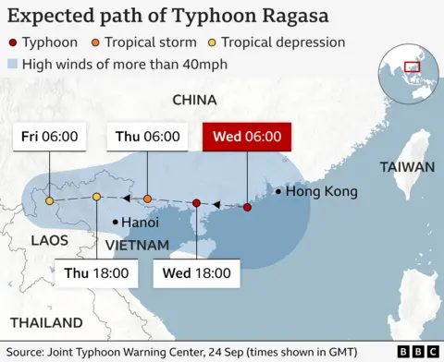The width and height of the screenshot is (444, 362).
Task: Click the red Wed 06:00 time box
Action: pos(247,138)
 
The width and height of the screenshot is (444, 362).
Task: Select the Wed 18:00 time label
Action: pos(196,274)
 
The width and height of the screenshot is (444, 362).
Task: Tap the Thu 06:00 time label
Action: pos(147,137)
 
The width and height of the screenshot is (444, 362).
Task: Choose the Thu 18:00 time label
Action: pos(97,274)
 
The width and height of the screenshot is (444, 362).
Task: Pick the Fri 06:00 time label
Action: pos(49,137)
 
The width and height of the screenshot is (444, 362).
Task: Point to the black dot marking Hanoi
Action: pos(114,222)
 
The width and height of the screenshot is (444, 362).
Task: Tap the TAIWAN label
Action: pos(406,167)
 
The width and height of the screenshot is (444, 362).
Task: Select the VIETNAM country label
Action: pos(136,245)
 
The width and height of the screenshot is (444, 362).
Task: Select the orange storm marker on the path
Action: pos(147,199)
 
